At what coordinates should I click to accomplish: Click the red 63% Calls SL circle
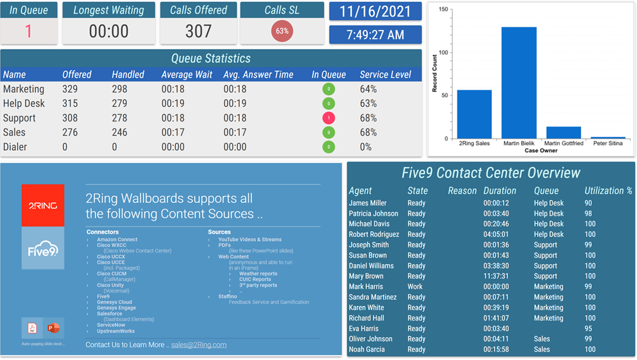(x=282, y=31)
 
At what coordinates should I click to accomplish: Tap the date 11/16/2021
(x=375, y=11)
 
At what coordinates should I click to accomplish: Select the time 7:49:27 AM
(x=375, y=35)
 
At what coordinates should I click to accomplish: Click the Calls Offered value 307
(x=198, y=31)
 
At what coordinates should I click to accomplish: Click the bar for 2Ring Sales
(x=474, y=114)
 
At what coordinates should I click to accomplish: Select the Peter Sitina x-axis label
(x=607, y=144)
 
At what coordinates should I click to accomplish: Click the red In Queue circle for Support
(x=328, y=118)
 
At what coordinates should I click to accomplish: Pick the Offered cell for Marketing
(x=70, y=89)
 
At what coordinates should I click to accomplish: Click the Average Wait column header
(x=186, y=74)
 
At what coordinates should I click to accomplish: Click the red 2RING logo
(x=43, y=205)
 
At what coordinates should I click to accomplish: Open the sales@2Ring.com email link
(x=199, y=345)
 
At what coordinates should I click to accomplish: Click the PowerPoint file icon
(x=53, y=328)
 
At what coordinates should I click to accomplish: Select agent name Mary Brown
(x=366, y=276)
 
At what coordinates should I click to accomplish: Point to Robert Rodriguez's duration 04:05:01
(x=496, y=235)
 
